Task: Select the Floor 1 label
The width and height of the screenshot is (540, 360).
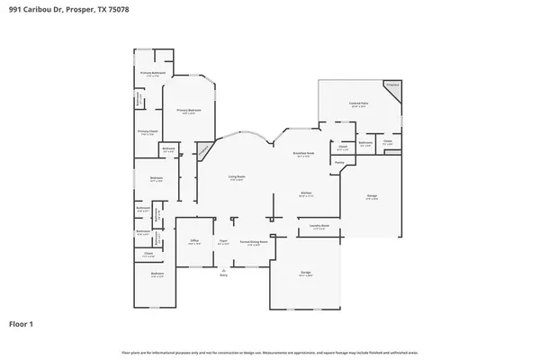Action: click(x=21, y=323)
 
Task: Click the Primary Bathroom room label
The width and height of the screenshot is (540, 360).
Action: click(x=152, y=74)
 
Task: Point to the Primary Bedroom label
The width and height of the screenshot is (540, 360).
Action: click(x=189, y=111)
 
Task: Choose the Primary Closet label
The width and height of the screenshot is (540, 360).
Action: click(x=148, y=132)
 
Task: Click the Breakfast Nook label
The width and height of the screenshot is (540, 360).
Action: click(x=303, y=154)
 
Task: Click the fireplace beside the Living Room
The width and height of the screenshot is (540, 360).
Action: click(x=205, y=149)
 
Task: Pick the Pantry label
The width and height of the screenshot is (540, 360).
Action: click(x=339, y=162)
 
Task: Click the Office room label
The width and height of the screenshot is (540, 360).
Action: click(x=194, y=241)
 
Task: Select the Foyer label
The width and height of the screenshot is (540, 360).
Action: click(x=222, y=241)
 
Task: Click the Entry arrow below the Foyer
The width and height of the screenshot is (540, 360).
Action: click(x=223, y=268)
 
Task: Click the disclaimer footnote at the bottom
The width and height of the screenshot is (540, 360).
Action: click(x=270, y=352)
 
